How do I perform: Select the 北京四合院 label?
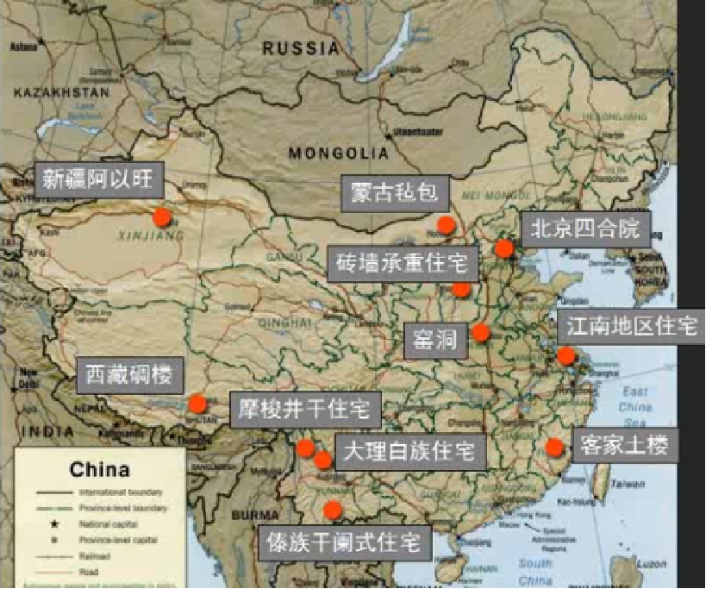coord(585,228)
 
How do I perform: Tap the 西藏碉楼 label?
coord(131,375)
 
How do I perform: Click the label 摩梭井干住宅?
coord(304,408)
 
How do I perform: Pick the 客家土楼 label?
coord(624,445)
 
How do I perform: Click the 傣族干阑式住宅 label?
coord(344,543)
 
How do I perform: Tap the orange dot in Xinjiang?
coord(162,216)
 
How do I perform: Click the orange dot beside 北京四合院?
coord(504,248)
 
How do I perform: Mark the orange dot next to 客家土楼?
coord(554,447)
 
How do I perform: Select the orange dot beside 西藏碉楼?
coord(197,403)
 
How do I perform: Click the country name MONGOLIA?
coord(339,154)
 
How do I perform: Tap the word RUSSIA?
coord(301,48)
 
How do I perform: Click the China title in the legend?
coord(99,470)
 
